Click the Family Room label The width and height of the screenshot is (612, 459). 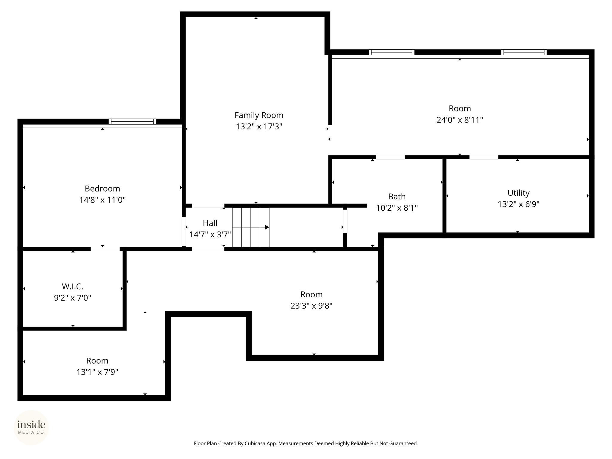[x=259, y=115]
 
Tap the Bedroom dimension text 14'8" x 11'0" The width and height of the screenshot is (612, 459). [x=102, y=200]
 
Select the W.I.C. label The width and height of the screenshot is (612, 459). [x=73, y=287]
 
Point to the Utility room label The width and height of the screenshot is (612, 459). [x=518, y=193]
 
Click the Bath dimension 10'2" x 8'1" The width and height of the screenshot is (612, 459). [x=397, y=208]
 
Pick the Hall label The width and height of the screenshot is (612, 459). [x=210, y=223]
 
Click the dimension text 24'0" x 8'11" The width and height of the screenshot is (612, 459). [x=460, y=120]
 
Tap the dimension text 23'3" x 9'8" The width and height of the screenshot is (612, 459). [x=312, y=306]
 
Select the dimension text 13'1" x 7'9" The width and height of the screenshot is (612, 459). [x=97, y=372]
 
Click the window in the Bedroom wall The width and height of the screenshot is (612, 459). [x=132, y=122]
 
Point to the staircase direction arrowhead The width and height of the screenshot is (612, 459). [x=267, y=227]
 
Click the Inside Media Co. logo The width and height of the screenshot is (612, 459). [x=31, y=427]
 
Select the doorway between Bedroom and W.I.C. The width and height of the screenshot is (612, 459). [x=105, y=249]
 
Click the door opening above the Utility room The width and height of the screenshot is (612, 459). [x=484, y=157]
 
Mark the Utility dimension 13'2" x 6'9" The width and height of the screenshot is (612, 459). [x=518, y=204]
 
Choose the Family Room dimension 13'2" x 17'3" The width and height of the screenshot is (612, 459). [x=259, y=127]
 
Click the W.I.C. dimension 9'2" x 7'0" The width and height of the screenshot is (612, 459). [x=73, y=298]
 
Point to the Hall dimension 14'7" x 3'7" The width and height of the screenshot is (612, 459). [x=210, y=235]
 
